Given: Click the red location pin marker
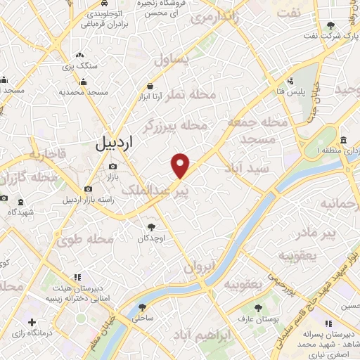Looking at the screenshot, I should [181, 165].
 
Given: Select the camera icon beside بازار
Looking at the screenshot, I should [113, 167].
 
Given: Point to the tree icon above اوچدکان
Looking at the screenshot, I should [150, 227].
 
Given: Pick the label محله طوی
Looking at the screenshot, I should [85, 240].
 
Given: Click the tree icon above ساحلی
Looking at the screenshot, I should [143, 308].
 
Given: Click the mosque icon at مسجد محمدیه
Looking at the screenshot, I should [84, 82].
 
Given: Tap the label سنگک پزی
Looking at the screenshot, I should [82, 65].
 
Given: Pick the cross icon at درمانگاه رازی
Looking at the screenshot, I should [31, 322].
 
